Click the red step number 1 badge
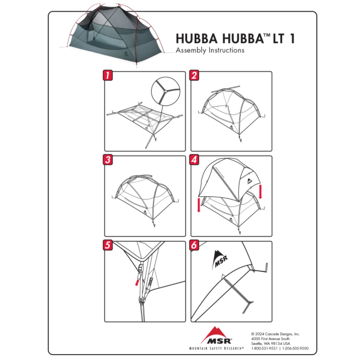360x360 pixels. click(108, 75)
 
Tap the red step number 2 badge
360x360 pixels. click(194, 75)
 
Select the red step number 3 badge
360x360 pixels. click(108, 160)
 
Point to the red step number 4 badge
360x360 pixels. click(194, 160)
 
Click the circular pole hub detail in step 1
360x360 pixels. click(165, 91)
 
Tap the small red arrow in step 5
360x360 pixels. click(137, 282)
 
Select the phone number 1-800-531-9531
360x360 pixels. click(264, 348)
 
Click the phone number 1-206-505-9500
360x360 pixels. click(295, 348)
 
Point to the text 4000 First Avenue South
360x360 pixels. click(270, 338)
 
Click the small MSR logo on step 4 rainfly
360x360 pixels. click(250, 181)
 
